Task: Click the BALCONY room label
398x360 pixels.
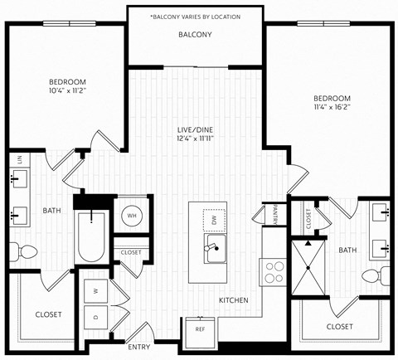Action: pyautogui.click(x=195, y=35)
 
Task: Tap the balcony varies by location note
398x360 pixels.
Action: pyautogui.click(x=195, y=16)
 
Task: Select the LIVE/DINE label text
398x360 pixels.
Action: pyautogui.click(x=195, y=129)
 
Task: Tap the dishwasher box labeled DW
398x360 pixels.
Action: pyautogui.click(x=215, y=219)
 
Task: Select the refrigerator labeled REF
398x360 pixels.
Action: pyautogui.click(x=200, y=328)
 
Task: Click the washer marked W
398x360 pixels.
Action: pyautogui.click(x=96, y=291)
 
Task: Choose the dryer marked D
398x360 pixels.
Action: pyautogui.click(x=96, y=318)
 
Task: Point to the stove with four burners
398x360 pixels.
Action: pyautogui.click(x=274, y=271)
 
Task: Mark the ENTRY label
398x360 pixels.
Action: pyautogui.click(x=138, y=346)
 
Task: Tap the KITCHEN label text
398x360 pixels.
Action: pyautogui.click(x=233, y=299)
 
